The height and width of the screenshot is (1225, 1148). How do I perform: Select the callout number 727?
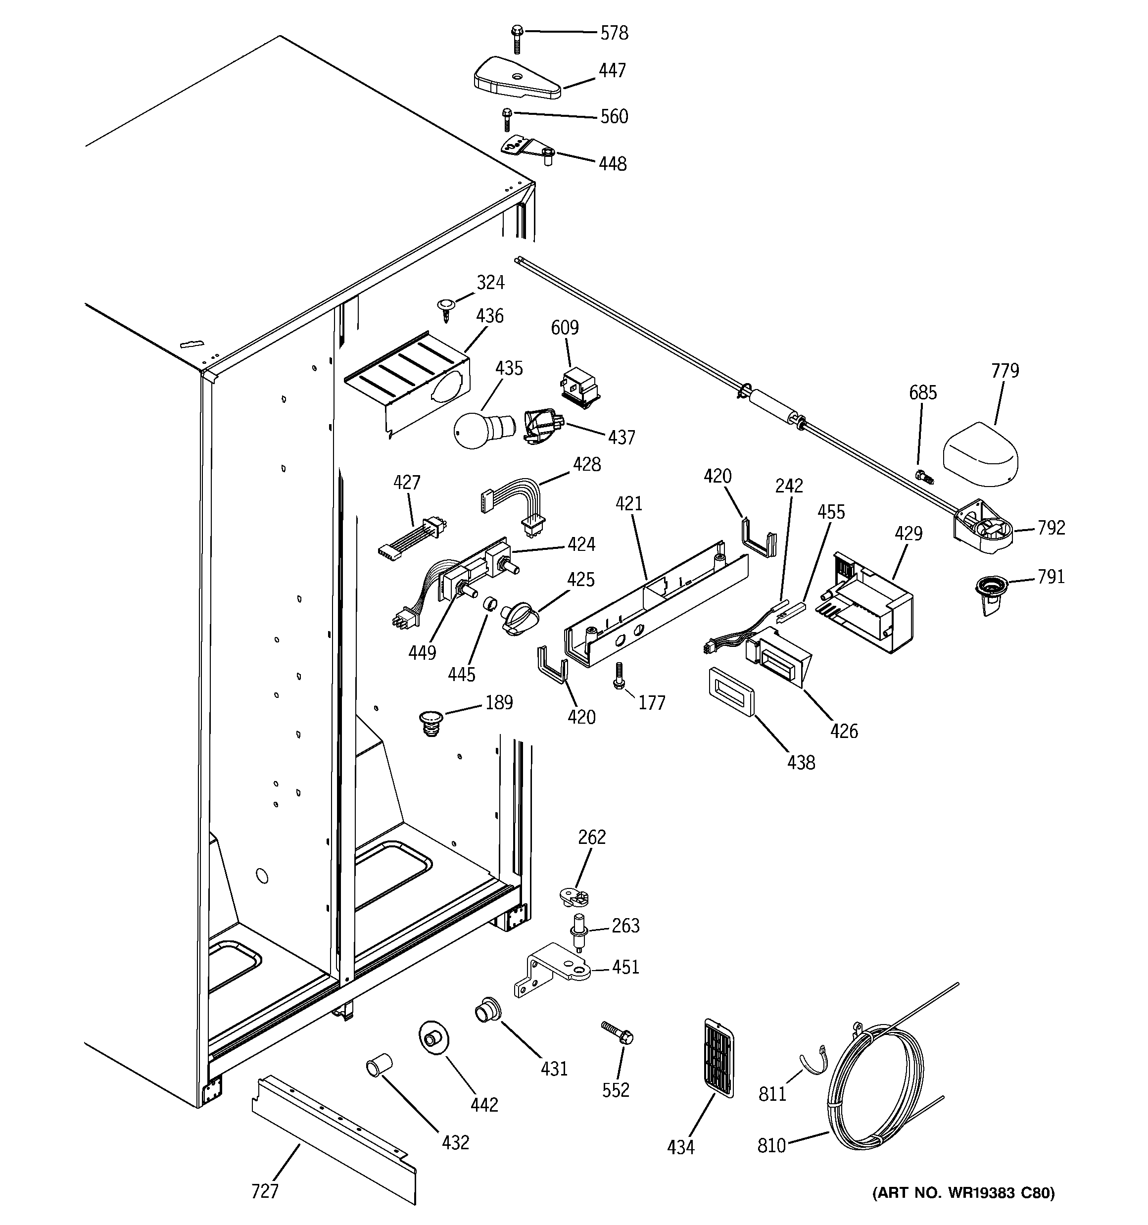tap(265, 1192)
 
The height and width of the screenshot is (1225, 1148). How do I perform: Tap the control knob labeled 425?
tap(519, 619)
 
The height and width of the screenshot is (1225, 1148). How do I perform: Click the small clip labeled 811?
tap(812, 1059)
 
